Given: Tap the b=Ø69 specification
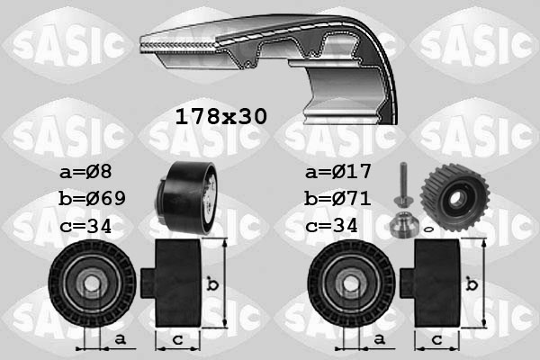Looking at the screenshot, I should (x=94, y=197).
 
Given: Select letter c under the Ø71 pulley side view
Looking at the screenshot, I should (x=436, y=338).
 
